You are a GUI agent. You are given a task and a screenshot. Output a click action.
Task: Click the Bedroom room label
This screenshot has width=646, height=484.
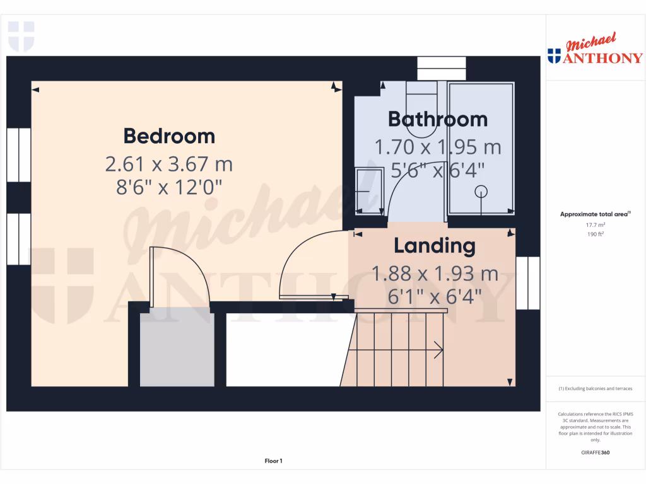tap(169, 136)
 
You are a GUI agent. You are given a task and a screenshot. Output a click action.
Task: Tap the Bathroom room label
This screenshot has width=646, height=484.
tap(437, 119)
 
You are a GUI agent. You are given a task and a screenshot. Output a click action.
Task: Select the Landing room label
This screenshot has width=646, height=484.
tap(435, 246)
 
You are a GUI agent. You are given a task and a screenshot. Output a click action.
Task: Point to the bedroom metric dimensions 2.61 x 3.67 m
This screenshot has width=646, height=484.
tap(169, 164)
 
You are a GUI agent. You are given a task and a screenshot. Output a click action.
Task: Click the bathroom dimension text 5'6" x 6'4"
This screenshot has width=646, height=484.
tap(437, 170)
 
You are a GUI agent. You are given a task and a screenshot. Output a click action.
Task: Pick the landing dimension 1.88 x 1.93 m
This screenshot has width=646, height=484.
tap(435, 274)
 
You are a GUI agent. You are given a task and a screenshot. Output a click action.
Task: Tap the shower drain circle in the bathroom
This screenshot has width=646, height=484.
tap(481, 190)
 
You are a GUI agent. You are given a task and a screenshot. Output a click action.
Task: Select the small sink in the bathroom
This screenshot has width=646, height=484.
tap(368, 189)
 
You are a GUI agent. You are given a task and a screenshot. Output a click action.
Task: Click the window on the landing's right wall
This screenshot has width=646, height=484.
tap(528, 283)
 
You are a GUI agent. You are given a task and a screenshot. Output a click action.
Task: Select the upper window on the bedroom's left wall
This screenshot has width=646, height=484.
tap(18, 154)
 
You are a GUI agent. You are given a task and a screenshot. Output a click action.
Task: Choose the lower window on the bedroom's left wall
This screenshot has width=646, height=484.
tap(18, 239)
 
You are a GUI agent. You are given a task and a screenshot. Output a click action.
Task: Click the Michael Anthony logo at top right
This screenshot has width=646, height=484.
tap(595, 50)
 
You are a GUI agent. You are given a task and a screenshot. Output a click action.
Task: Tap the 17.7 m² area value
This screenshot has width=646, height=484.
tap(595, 224)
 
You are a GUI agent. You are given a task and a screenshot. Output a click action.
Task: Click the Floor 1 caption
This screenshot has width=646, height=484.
tap(273, 461)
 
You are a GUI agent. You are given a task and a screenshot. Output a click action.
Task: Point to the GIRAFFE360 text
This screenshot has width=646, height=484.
tap(595, 452)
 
